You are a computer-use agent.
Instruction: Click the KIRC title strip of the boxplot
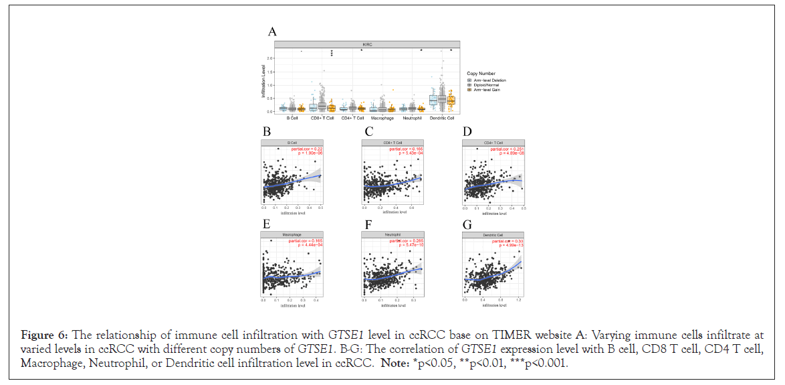tap(367, 44)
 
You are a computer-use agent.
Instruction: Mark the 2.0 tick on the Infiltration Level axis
tap(270, 59)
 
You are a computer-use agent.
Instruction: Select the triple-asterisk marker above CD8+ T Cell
tap(332, 53)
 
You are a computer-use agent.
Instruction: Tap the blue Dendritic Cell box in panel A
tap(433, 99)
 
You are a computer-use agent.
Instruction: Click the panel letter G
tap(467, 225)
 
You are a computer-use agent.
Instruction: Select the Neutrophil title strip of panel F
tap(392, 235)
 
